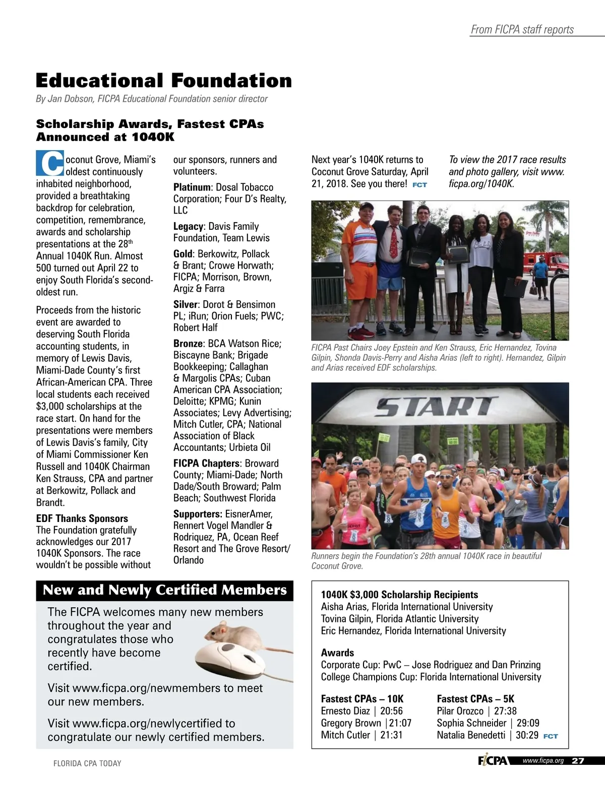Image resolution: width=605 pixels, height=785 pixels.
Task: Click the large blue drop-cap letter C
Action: (x=50, y=162)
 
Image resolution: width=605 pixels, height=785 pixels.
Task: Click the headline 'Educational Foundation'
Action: (x=164, y=81)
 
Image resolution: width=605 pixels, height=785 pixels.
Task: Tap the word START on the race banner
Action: (x=435, y=406)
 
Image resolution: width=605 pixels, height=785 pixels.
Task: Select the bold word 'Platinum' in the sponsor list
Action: (x=191, y=187)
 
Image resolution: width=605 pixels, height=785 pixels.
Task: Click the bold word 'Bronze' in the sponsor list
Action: (x=188, y=344)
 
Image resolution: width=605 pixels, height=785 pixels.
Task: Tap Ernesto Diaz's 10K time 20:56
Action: (x=391, y=711)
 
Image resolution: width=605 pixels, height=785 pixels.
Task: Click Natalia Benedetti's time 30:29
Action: (x=527, y=735)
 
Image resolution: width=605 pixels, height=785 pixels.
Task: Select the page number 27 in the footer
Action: (x=578, y=761)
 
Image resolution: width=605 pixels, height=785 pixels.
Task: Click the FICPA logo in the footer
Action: (x=493, y=761)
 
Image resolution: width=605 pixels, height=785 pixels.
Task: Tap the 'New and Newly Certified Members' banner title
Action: (x=164, y=590)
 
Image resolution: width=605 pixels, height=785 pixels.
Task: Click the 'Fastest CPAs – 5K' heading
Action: (x=475, y=699)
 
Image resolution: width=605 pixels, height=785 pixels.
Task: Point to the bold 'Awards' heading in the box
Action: (x=337, y=652)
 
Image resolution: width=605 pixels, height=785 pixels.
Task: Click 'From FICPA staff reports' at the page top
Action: (x=522, y=30)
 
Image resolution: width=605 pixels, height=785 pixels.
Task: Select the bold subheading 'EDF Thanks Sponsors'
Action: (x=82, y=518)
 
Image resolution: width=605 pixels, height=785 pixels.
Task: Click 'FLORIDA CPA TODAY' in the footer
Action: (x=87, y=763)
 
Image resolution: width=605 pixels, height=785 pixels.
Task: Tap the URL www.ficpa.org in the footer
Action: (x=543, y=761)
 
